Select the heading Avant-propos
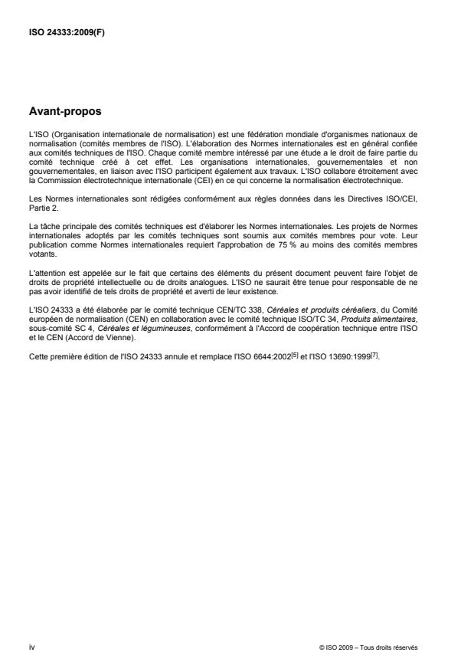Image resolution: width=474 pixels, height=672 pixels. click(65, 113)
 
